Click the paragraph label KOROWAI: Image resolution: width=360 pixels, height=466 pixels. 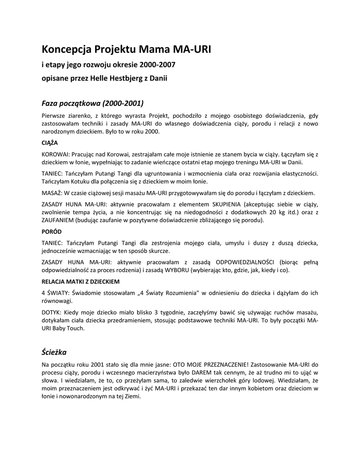tap(56, 154)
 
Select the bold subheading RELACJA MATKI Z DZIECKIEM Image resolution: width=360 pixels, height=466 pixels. tap(81, 281)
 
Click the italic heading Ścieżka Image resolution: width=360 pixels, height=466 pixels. tap(54, 352)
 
